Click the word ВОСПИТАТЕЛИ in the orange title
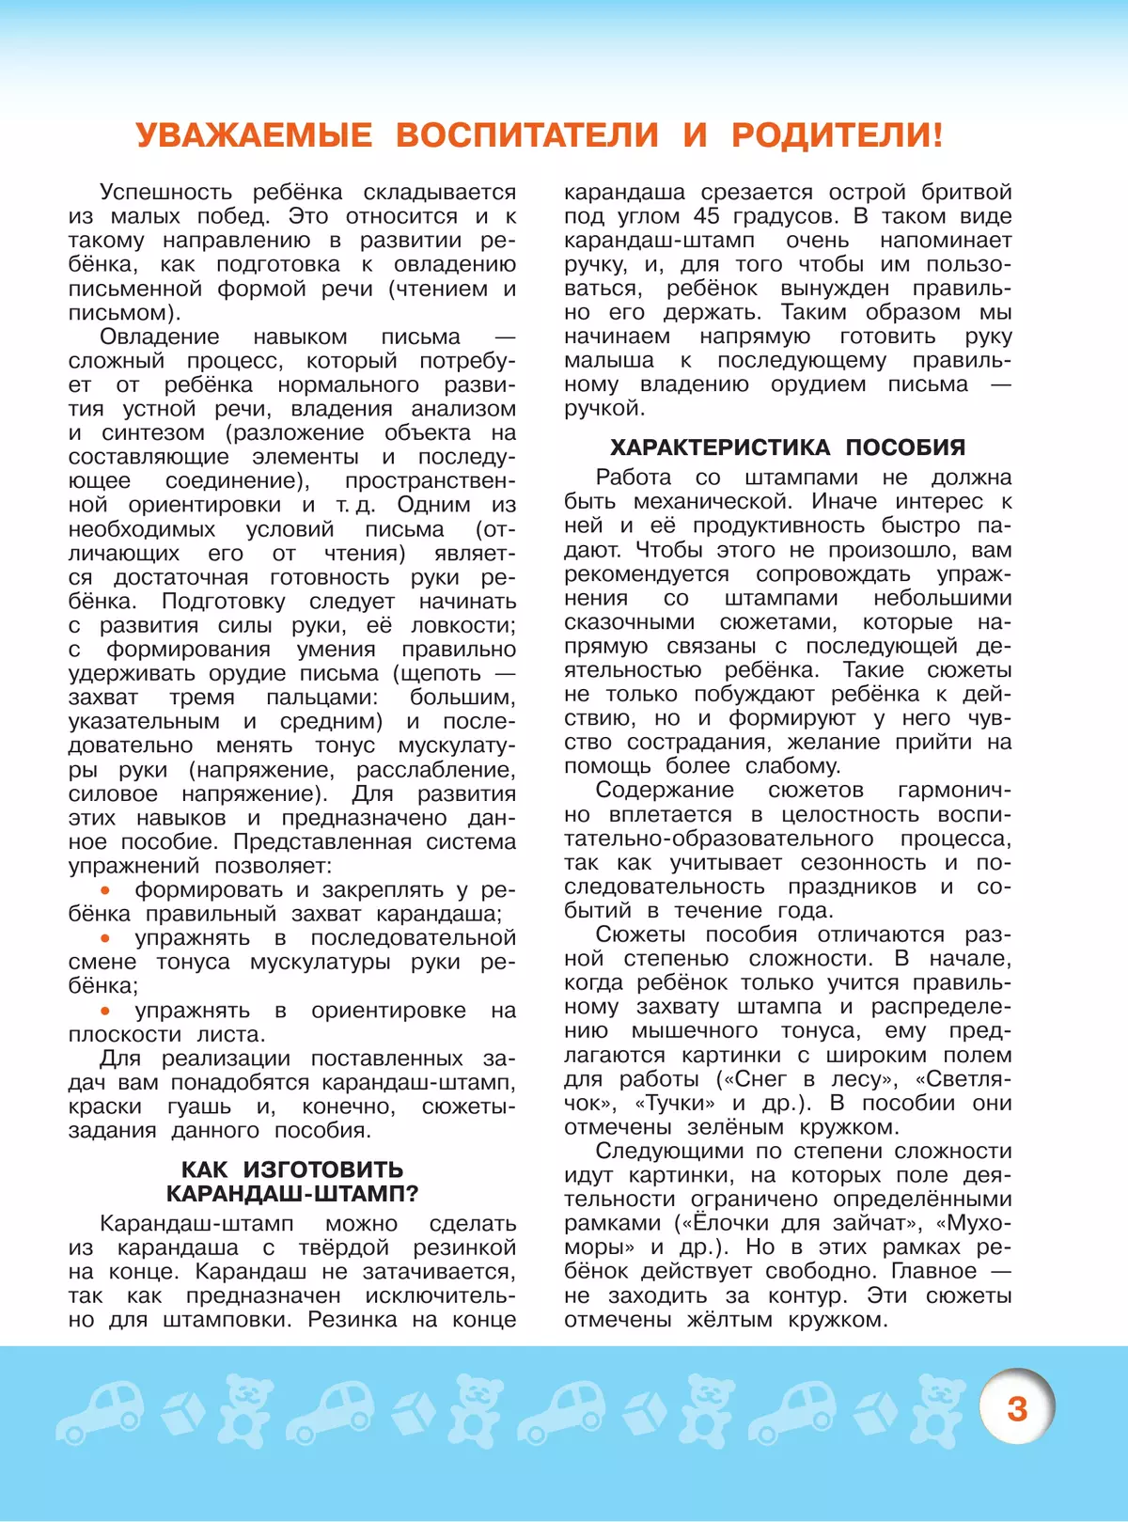(x=526, y=135)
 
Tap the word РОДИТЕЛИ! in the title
(x=837, y=135)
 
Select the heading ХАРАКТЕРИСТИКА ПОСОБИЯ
(x=788, y=447)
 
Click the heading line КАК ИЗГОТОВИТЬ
(x=292, y=1169)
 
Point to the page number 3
(x=1017, y=1408)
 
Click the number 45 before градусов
(x=706, y=216)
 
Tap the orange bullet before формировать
(x=105, y=889)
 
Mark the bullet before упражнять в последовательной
(x=105, y=937)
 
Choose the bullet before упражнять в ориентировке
(x=105, y=1010)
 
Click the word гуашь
(x=199, y=1106)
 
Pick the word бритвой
(x=966, y=192)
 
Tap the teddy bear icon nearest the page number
(x=940, y=1410)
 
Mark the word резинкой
(x=464, y=1247)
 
